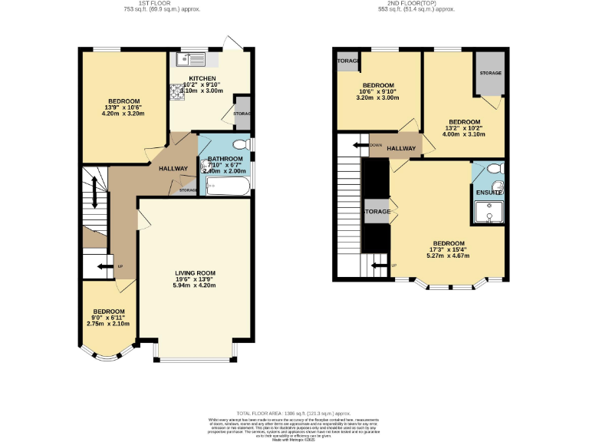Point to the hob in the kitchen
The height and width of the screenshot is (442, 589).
click(x=179, y=93)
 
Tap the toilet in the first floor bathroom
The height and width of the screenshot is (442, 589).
click(x=240, y=144)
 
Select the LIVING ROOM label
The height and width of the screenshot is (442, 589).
click(x=195, y=273)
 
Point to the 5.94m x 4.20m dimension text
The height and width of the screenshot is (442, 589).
click(x=195, y=286)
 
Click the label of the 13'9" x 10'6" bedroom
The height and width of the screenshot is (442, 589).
click(x=123, y=102)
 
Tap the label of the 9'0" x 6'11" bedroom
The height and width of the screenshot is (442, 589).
click(x=108, y=311)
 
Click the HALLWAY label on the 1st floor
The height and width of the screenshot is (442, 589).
click(x=173, y=169)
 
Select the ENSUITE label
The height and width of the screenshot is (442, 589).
click(x=488, y=193)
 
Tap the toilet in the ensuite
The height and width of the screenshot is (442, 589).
click(x=495, y=168)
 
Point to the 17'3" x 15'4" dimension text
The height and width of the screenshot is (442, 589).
click(x=448, y=249)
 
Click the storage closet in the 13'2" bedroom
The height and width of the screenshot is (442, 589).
click(x=489, y=73)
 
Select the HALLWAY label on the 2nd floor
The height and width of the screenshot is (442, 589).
click(x=401, y=149)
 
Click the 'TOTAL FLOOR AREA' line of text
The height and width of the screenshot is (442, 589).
click(x=294, y=414)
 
